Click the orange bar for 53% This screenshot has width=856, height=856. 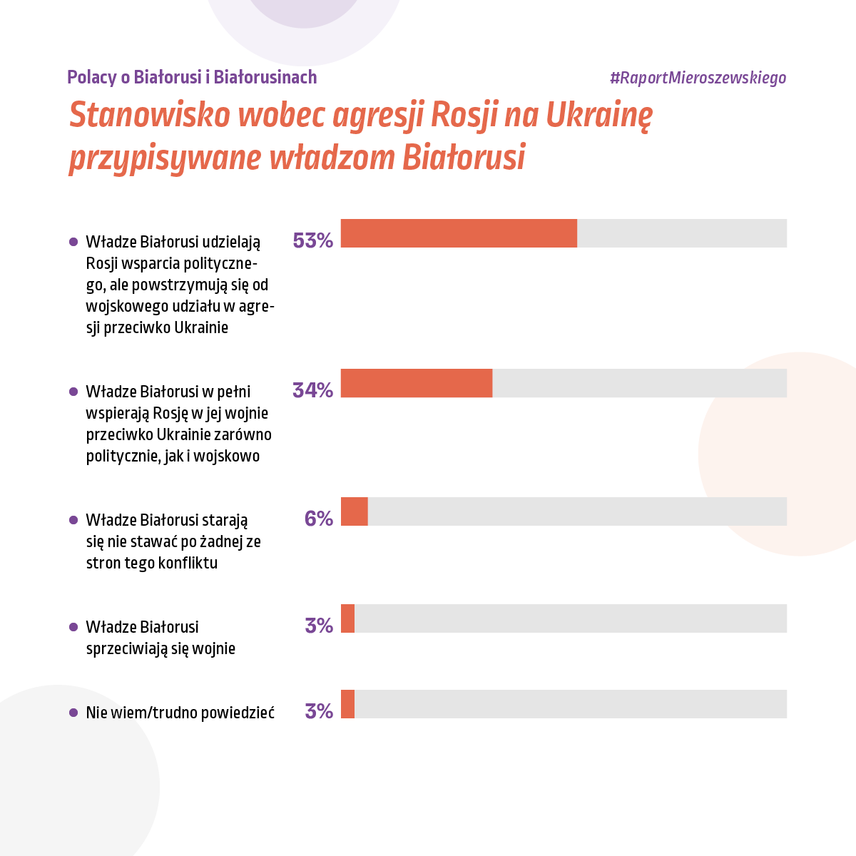(x=459, y=233)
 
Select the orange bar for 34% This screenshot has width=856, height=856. (x=417, y=383)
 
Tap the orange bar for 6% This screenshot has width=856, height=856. (x=355, y=511)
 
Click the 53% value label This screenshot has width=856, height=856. (x=312, y=241)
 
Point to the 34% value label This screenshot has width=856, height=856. (x=312, y=390)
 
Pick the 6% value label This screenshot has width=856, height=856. (x=318, y=519)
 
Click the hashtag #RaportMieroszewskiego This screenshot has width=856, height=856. (x=698, y=78)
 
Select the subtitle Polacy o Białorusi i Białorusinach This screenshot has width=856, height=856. (x=192, y=77)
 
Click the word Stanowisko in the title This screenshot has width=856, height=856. (x=150, y=115)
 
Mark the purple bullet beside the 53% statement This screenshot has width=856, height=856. (x=73, y=242)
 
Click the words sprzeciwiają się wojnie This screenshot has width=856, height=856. (x=160, y=649)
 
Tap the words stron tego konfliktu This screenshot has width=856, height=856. (x=151, y=564)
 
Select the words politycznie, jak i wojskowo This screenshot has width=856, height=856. (x=173, y=457)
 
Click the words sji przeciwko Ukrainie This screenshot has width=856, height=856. (x=157, y=328)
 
